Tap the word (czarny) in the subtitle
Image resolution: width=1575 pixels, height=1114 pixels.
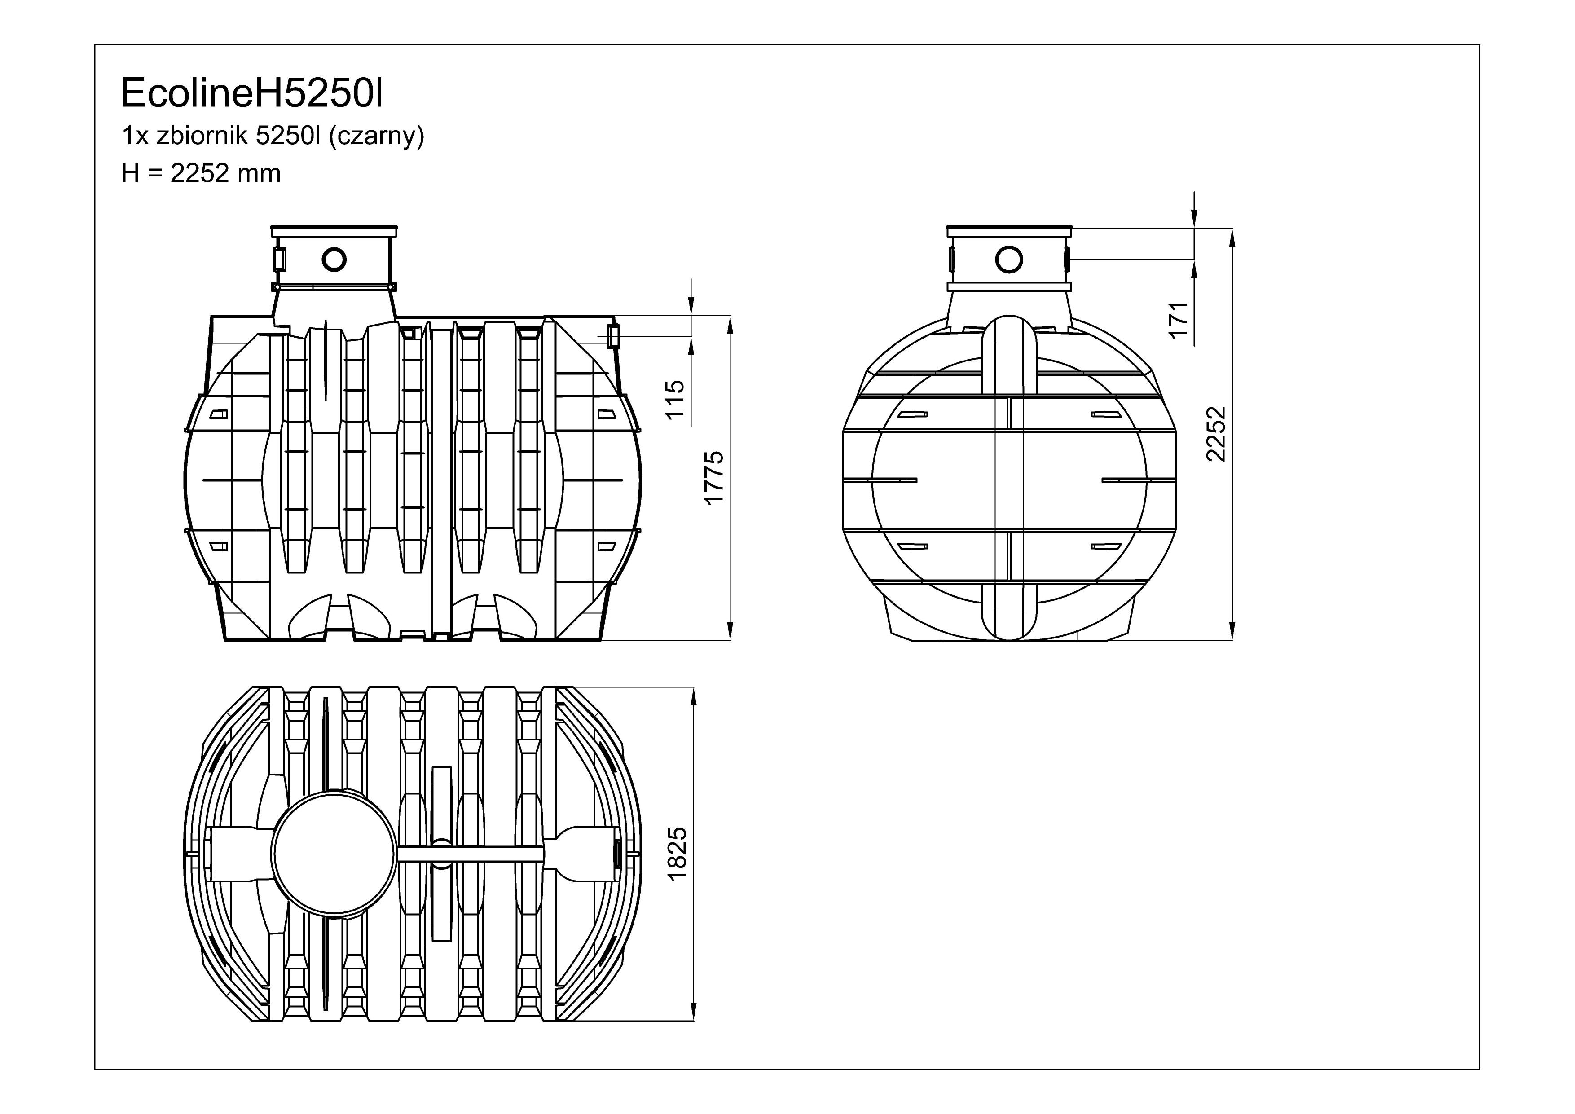[377, 137]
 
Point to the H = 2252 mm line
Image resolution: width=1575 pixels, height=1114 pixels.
[201, 174]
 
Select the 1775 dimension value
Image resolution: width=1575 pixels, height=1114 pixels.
[715, 477]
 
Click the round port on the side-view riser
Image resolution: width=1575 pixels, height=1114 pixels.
[334, 260]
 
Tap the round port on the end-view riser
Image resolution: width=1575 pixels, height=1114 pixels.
[1009, 260]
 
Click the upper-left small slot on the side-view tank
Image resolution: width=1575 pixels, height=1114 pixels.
[219, 414]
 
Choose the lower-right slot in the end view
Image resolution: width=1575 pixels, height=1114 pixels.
[1105, 546]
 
